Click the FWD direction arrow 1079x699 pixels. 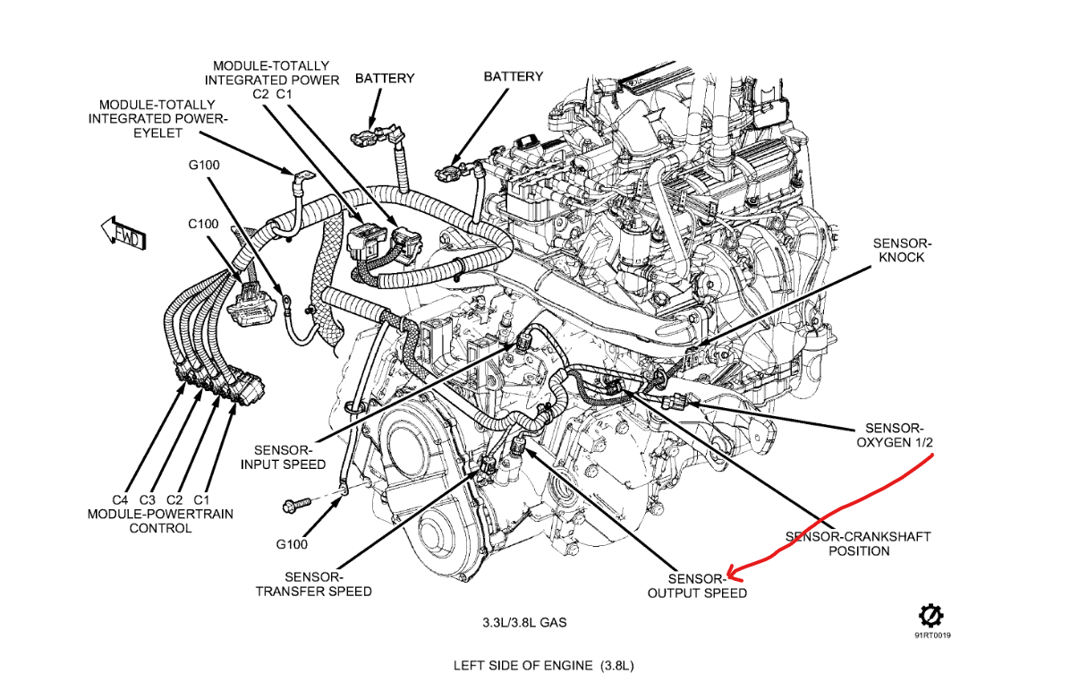pyautogui.click(x=123, y=234)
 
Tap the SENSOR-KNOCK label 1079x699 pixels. pyautogui.click(x=902, y=250)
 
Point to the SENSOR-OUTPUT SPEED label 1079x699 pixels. pyautogui.click(x=697, y=585)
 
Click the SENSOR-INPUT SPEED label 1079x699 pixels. pyautogui.click(x=284, y=456)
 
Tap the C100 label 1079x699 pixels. pyautogui.click(x=203, y=224)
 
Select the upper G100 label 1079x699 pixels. pyautogui.click(x=204, y=165)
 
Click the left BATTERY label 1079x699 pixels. pyautogui.click(x=385, y=78)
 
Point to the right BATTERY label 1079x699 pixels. pyautogui.click(x=514, y=76)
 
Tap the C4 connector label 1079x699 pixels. pyautogui.click(x=121, y=499)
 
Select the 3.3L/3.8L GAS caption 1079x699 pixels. pyautogui.click(x=523, y=621)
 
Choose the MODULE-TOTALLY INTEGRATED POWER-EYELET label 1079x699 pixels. pyautogui.click(x=145, y=118)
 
